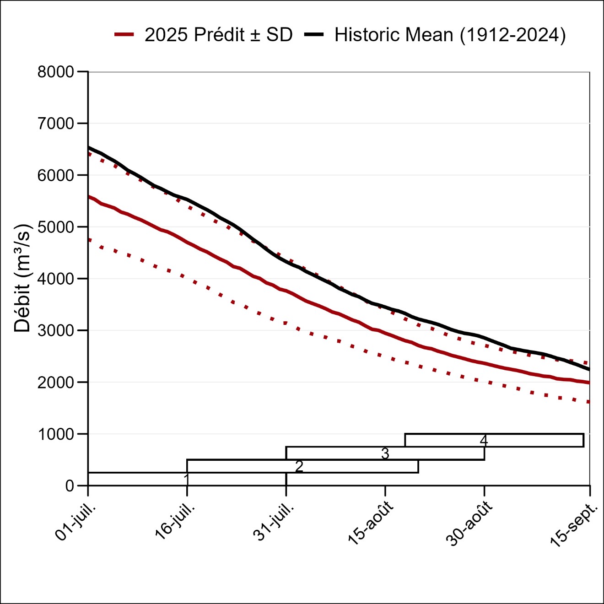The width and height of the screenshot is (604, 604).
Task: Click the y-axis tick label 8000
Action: (55, 72)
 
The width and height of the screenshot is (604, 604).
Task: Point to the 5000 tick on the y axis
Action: (55, 227)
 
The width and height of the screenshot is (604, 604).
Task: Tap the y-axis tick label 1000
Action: (55, 434)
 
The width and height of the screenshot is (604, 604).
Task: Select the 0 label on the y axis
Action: (70, 485)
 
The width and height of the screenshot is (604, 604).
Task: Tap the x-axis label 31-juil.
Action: (274, 522)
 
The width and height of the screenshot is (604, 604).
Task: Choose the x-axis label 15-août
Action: (371, 523)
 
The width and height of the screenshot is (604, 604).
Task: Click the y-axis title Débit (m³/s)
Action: (22, 278)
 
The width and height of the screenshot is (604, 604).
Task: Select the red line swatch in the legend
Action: (124, 35)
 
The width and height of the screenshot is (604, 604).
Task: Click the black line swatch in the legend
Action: (314, 35)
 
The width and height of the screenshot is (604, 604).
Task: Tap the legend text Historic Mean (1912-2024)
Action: (450, 35)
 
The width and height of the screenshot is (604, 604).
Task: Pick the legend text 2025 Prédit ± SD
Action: (218, 35)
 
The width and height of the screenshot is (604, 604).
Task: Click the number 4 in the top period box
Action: (484, 440)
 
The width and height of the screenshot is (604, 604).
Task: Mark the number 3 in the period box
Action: (385, 453)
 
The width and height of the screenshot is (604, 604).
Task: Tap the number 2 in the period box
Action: (299, 466)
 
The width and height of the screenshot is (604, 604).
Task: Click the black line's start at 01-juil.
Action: (89, 148)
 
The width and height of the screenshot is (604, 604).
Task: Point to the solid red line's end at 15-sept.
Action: (589, 383)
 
